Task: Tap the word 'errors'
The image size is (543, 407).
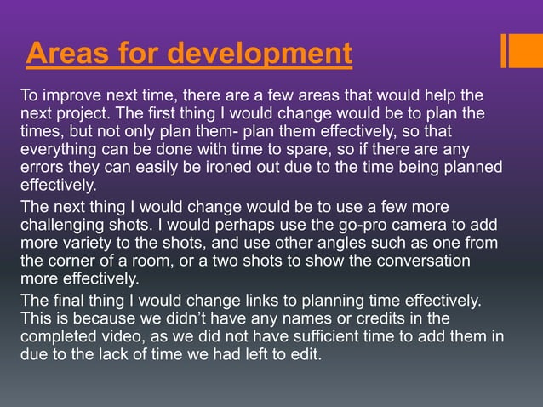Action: pyautogui.click(x=42, y=167)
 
